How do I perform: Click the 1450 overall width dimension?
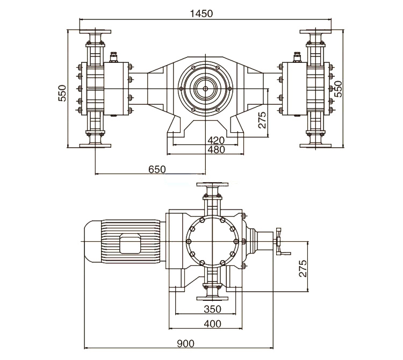(205, 14)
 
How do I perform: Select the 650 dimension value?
(157, 169)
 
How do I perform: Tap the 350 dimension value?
(212, 309)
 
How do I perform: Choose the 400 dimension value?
(212, 323)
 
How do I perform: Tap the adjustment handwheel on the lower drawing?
(279, 243)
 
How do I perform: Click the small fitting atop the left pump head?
(114, 56)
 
